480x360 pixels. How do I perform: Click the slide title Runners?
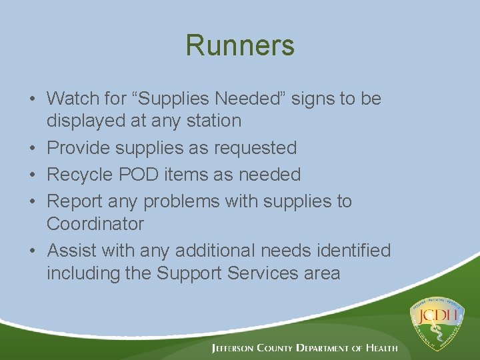(240, 46)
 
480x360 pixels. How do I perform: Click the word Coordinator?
(95, 224)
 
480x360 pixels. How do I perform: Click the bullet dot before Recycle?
(32, 175)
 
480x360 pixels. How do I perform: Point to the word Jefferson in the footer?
(237, 348)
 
